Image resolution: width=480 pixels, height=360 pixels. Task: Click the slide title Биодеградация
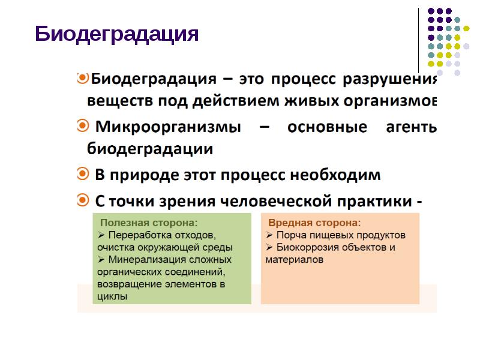click(116, 34)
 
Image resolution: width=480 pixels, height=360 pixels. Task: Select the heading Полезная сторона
click(148, 222)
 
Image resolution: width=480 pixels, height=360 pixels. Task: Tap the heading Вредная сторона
click(314, 222)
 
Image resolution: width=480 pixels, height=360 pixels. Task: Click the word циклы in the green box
click(112, 296)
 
